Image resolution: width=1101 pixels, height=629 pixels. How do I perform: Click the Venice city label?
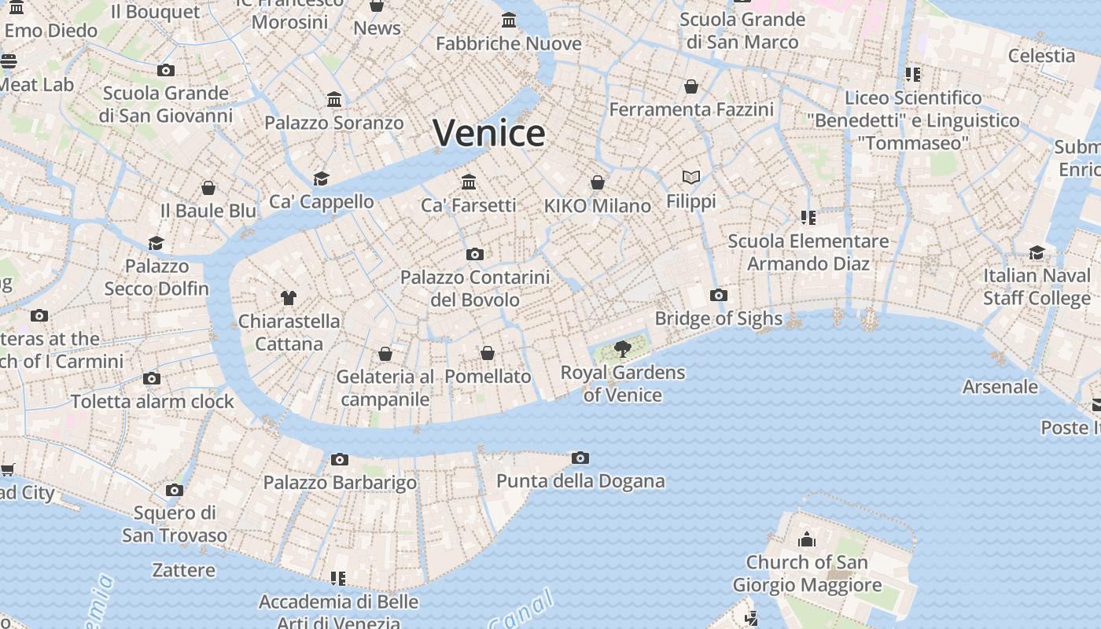488,133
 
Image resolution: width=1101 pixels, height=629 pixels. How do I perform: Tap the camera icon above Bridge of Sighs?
718,296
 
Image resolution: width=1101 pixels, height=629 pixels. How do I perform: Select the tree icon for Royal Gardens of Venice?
622,348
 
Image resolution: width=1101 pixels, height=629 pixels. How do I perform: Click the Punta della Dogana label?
580,480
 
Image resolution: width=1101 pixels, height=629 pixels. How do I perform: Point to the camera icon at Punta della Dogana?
580,458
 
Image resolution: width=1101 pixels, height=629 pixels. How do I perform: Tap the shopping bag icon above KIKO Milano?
598,182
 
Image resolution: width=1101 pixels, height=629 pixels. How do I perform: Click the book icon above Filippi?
691,178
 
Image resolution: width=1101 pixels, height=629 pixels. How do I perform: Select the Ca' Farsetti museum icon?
469,182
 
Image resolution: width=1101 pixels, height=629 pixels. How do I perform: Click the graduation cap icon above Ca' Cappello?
321,178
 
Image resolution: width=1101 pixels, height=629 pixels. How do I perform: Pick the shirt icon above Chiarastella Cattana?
289,297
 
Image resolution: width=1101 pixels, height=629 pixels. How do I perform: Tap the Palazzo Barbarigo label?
340,482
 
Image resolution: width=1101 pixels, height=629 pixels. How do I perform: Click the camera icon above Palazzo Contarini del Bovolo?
474,254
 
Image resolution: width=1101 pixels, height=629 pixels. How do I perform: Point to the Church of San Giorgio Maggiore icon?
806,539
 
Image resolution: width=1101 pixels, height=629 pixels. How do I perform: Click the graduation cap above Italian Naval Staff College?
1037,252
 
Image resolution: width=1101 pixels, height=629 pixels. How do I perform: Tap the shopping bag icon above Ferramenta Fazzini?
690,86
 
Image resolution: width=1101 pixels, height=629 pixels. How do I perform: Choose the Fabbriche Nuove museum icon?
509,20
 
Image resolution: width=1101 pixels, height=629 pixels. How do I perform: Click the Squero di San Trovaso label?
175,524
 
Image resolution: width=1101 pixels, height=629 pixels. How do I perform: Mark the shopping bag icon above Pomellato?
488,353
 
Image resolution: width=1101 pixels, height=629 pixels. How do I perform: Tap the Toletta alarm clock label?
153,401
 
